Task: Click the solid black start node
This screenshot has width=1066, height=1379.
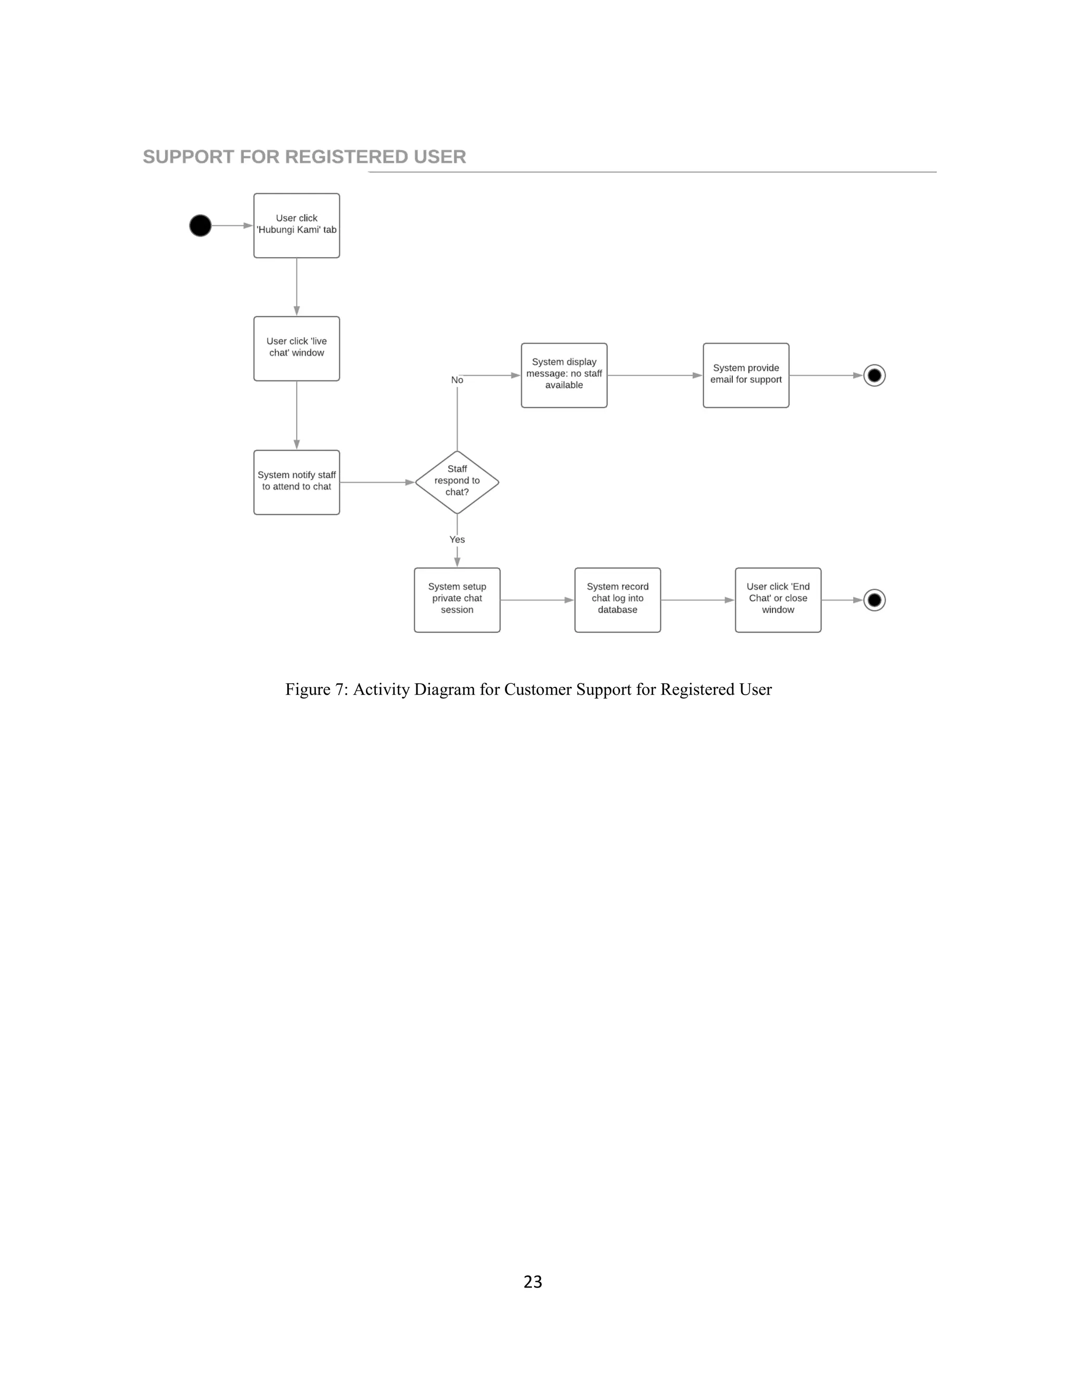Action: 200,225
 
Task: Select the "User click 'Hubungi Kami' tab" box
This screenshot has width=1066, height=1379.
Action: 296,225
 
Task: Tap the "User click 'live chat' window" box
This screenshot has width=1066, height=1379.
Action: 296,349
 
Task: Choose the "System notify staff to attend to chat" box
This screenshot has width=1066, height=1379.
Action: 296,482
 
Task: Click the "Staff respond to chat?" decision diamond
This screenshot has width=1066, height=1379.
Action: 456,482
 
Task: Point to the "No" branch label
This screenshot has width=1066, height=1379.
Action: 456,380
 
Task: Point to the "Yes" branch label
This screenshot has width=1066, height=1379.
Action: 456,540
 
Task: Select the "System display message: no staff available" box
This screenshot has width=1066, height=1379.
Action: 564,375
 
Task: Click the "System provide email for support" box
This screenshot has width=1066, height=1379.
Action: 746,375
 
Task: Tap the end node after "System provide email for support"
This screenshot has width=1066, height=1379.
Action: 874,376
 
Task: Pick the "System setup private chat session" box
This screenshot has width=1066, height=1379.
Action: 456,600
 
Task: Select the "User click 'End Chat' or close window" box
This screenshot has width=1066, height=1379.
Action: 778,600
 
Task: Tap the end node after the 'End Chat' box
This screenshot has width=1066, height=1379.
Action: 874,600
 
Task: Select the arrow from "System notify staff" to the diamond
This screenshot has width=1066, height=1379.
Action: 376,482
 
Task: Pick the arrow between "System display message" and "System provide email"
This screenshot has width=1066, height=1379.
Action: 654,376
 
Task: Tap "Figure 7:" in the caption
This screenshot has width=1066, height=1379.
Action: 316,689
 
